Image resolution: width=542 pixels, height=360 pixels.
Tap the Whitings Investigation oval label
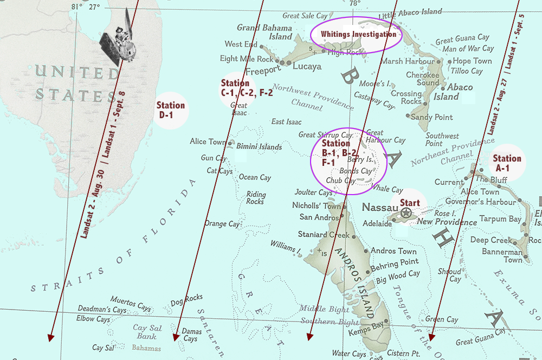coord(356,34)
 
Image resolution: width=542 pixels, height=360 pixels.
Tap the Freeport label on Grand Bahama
coord(263,70)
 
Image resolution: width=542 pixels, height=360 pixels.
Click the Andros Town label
coord(393,251)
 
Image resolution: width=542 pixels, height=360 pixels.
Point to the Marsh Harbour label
coord(406,61)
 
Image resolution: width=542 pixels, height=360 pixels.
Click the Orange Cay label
coord(222,224)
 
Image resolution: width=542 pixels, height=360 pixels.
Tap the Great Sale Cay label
coord(306,16)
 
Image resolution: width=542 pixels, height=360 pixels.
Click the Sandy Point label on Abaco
coord(432,117)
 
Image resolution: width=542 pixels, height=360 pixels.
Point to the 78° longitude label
coord(354,4)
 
